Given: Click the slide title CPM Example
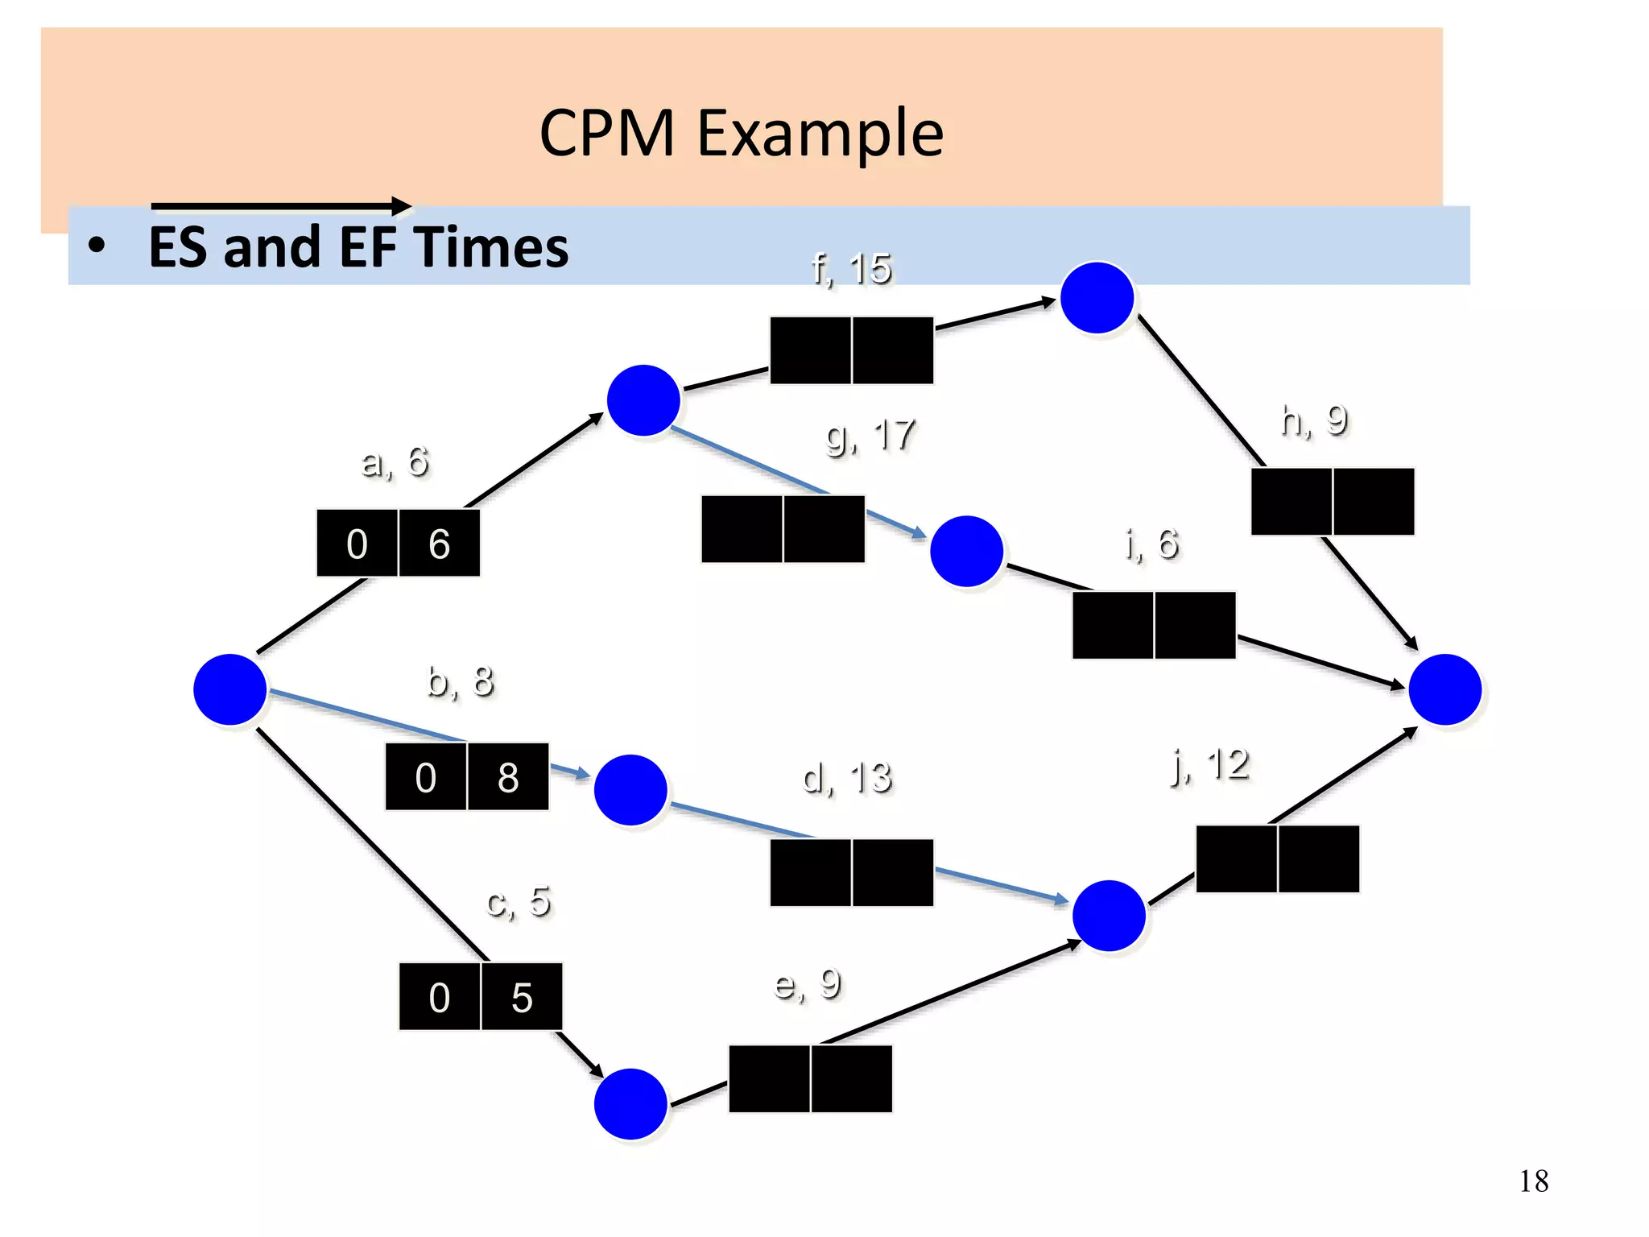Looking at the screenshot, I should tap(741, 133).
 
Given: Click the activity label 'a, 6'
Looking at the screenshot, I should tap(395, 462).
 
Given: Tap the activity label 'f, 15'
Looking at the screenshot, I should tap(852, 269).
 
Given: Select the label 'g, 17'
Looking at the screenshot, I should tap(870, 436).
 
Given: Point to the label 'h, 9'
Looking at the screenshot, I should tap(1314, 420).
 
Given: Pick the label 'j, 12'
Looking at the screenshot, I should tap(1210, 764).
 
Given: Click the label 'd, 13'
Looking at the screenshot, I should tap(847, 778).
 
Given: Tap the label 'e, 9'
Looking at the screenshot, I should tap(808, 983).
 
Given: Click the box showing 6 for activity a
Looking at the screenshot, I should tap(440, 544).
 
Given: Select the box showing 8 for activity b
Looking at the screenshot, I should tap(508, 777).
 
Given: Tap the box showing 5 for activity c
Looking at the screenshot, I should tap(522, 997).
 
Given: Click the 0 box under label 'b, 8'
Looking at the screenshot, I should tap(426, 777).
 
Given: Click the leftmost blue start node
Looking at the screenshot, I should tap(230, 689).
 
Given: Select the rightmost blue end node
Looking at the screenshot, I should tap(1445, 689).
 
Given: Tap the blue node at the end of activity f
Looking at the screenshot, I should tap(1097, 297).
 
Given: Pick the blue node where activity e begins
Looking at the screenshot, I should tap(630, 1103).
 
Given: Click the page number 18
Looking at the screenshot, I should tap(1534, 1181).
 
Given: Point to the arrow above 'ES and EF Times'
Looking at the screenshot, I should tap(282, 206).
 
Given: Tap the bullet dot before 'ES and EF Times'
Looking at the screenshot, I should tap(97, 246).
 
